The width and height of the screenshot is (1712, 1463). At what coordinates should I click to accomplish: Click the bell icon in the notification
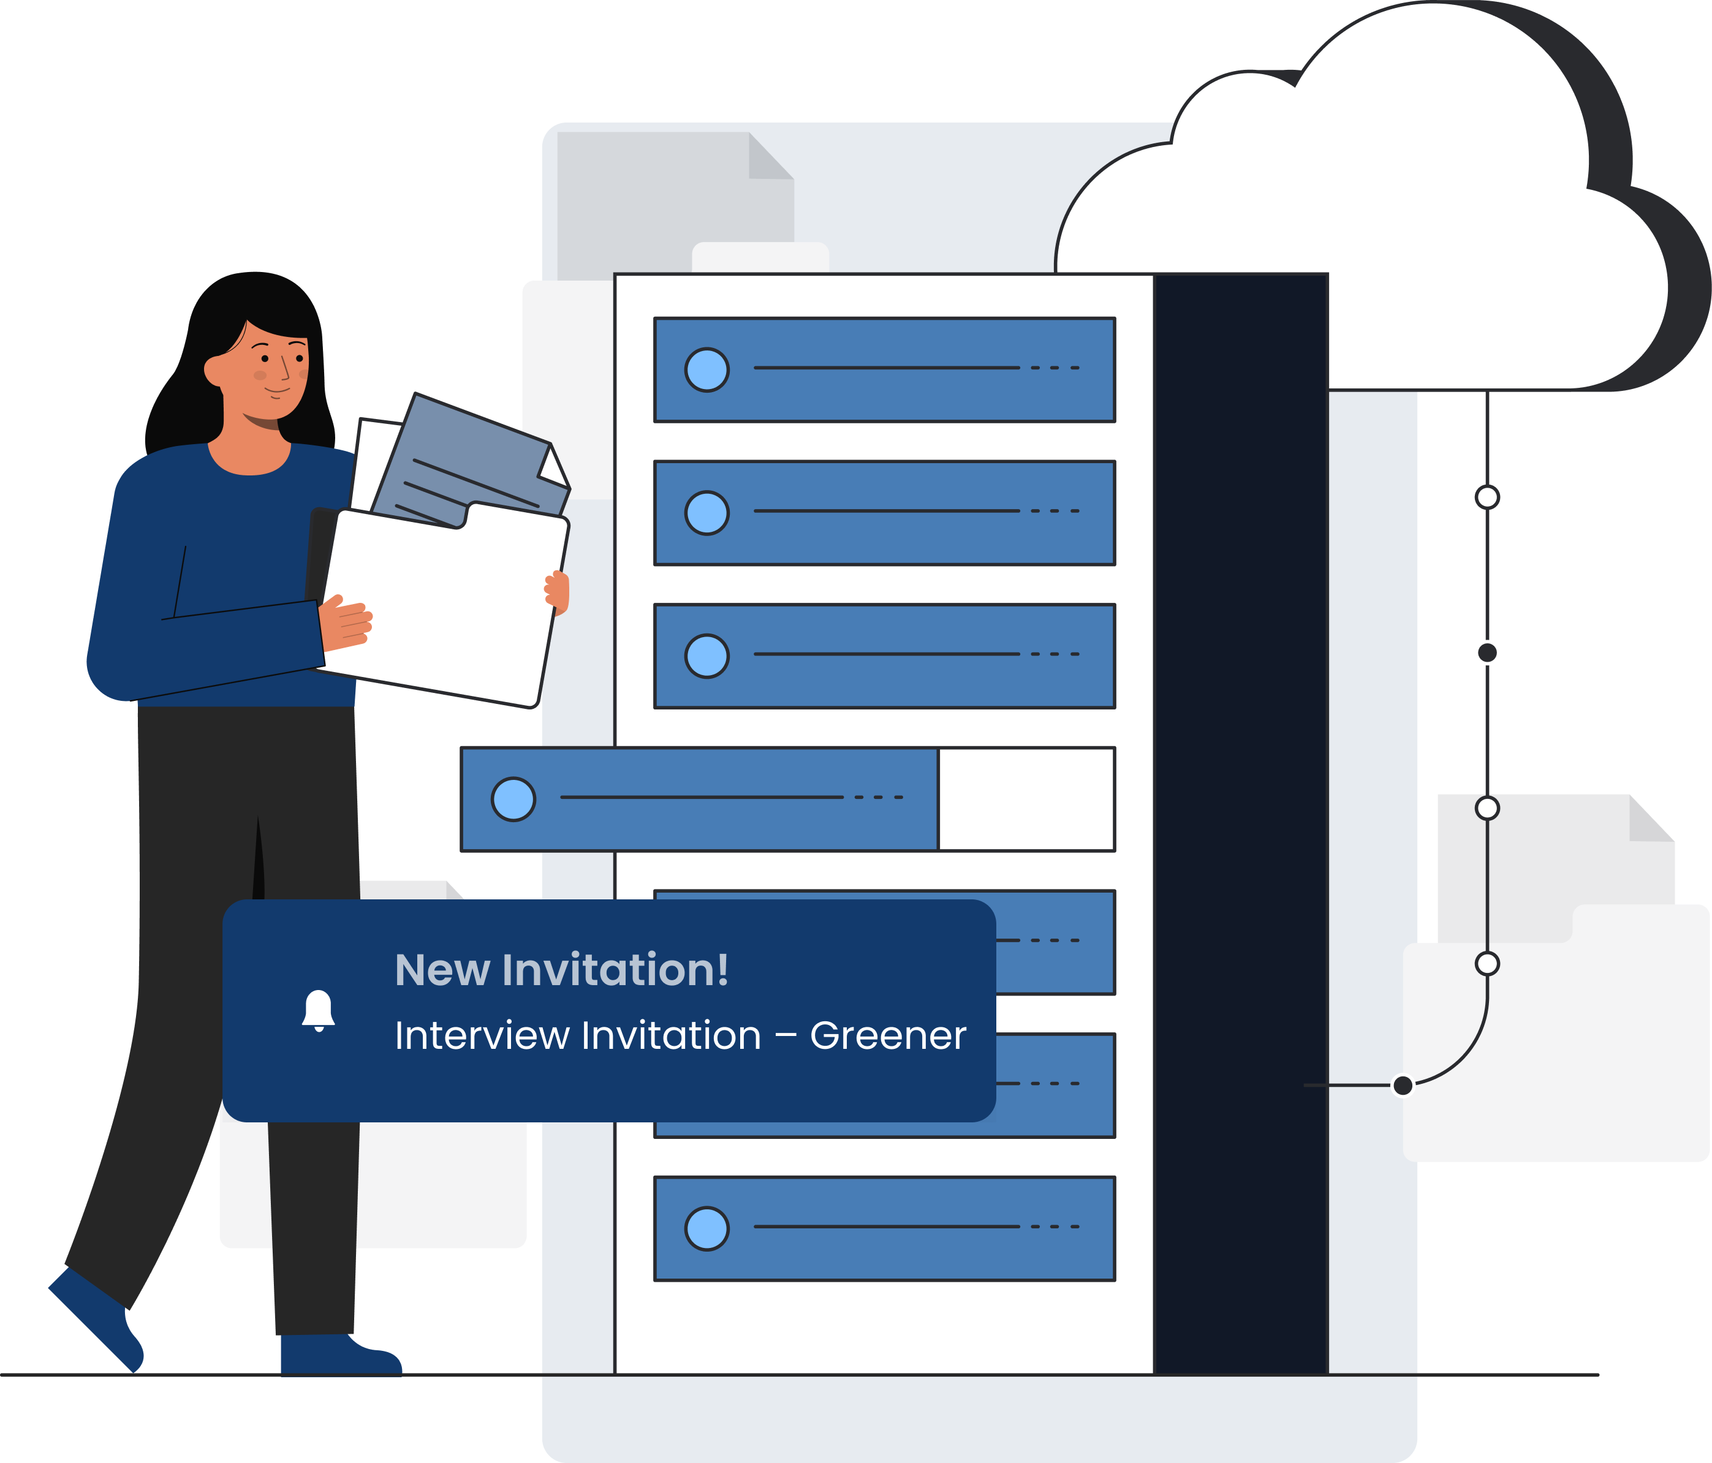point(318,1010)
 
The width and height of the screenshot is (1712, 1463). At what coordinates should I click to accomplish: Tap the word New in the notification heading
point(442,970)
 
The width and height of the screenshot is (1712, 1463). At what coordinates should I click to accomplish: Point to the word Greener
point(887,1035)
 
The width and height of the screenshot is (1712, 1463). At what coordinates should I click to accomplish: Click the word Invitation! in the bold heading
point(616,970)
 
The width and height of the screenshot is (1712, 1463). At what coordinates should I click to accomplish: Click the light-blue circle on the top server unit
point(706,369)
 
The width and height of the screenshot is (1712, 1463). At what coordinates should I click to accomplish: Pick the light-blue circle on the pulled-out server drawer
point(513,799)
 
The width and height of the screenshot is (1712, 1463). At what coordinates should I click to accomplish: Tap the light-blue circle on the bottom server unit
point(706,1228)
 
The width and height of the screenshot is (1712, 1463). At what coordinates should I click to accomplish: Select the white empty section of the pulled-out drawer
point(1026,799)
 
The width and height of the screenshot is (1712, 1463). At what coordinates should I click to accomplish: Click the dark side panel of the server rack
point(1240,823)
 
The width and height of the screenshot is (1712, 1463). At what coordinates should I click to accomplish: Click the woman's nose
point(285,368)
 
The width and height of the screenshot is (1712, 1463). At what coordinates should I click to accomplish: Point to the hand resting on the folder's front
point(346,623)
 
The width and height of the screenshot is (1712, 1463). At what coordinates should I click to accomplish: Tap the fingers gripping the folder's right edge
point(558,592)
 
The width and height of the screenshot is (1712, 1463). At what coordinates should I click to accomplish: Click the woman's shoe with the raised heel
point(94,1319)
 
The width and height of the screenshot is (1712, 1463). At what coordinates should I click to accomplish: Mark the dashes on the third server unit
point(1055,654)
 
